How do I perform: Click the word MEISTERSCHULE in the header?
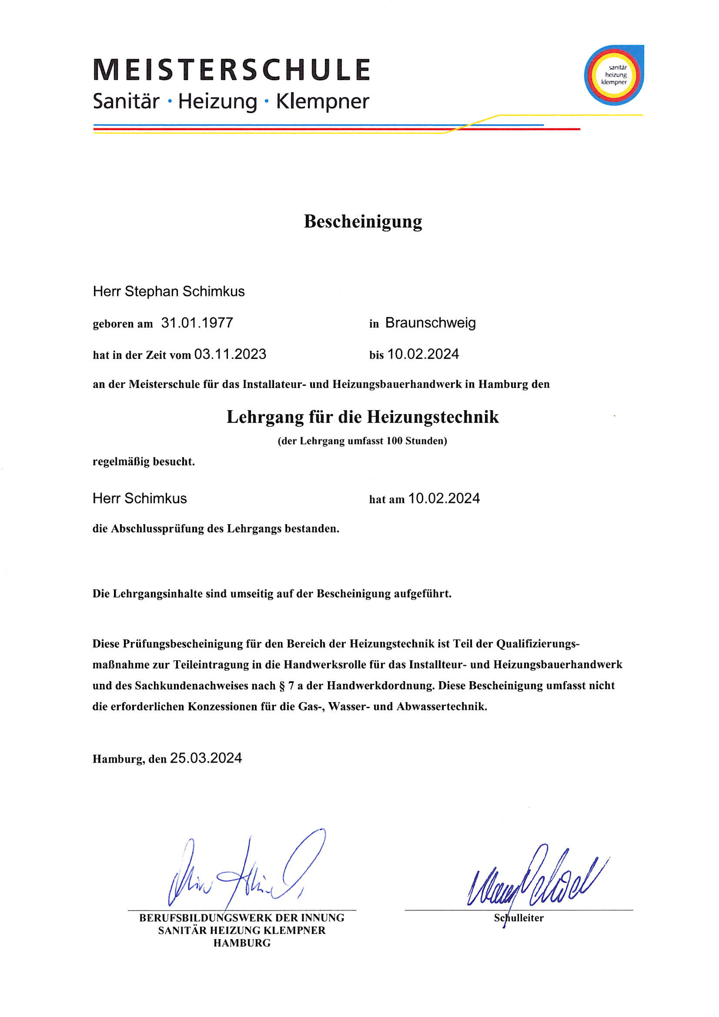pos(231,70)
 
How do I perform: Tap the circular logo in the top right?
pos(614,75)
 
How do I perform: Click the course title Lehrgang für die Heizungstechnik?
pos(363,417)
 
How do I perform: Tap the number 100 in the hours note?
pos(394,441)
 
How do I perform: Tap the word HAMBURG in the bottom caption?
pos(242,943)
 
